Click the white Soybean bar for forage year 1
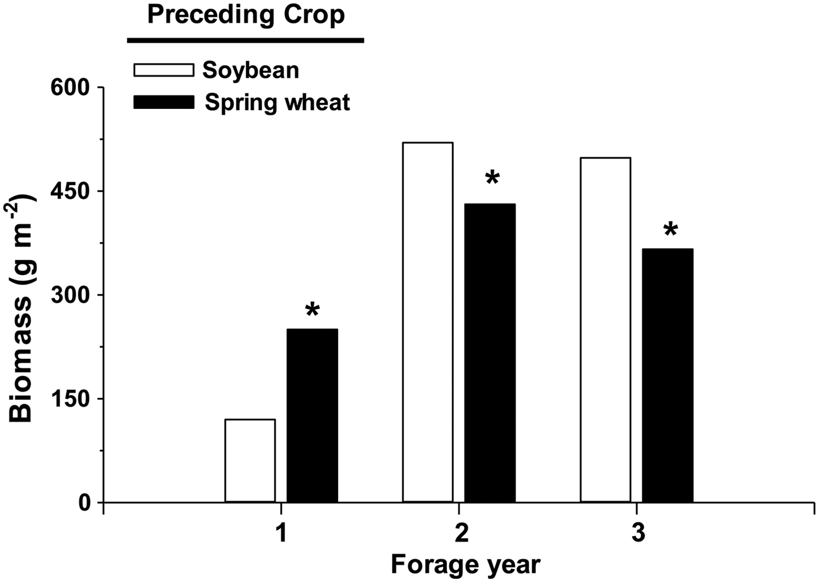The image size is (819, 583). click(250, 461)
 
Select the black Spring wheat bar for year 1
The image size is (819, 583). click(312, 416)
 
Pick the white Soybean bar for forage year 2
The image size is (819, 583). click(428, 322)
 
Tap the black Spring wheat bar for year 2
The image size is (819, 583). click(490, 353)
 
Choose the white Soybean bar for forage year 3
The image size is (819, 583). click(605, 330)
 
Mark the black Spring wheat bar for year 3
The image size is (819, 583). click(667, 375)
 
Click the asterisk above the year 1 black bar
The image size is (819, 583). click(312, 310)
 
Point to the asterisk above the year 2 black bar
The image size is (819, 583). click(493, 178)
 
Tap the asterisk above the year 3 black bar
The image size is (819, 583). click(670, 229)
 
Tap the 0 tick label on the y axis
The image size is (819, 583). click(85, 502)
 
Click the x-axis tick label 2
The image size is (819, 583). click(462, 534)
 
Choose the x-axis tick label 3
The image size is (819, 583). click(638, 534)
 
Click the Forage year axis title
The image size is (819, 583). click(465, 565)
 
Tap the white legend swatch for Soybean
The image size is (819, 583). click(164, 70)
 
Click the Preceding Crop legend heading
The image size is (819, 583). click(246, 15)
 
